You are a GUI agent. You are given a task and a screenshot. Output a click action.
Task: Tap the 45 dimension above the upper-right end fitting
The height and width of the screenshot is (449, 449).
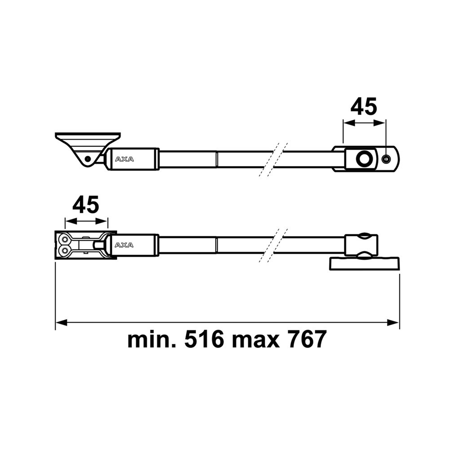pyautogui.click(x=364, y=107)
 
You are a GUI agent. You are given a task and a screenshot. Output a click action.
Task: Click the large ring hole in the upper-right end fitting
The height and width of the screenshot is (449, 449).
pyautogui.click(x=364, y=158)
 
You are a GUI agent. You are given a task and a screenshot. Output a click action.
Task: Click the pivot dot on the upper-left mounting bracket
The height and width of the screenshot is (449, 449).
pyautogui.click(x=88, y=158)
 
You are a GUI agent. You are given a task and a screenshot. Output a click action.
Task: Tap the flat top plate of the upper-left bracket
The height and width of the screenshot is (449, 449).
pyautogui.click(x=88, y=135)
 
